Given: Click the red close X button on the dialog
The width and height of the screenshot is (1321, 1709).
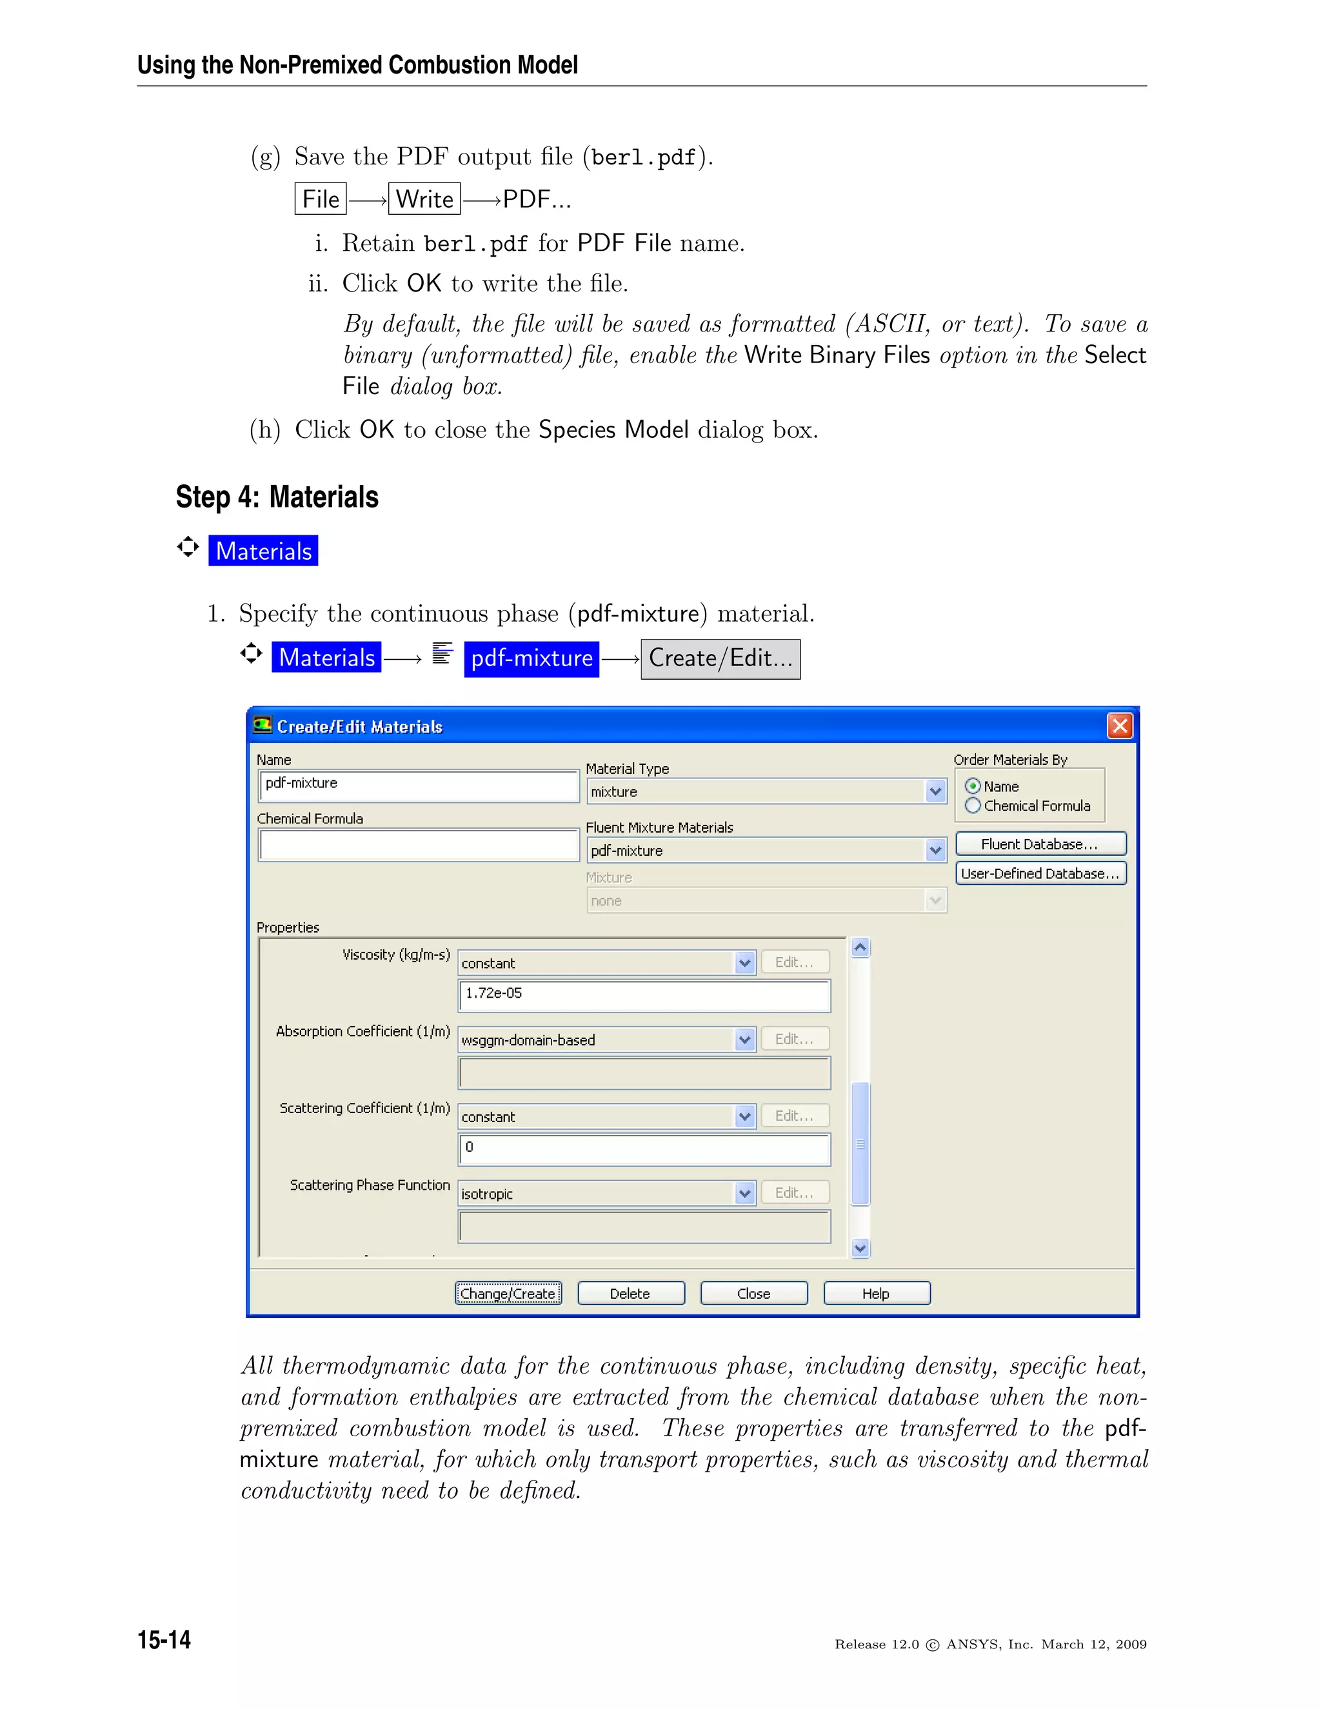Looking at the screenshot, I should coord(1119,726).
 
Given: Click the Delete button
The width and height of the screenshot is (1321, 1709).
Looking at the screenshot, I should coord(630,1294).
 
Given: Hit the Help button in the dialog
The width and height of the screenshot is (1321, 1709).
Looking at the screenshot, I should coord(876,1294).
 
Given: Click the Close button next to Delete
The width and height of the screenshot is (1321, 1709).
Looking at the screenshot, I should coord(753,1294).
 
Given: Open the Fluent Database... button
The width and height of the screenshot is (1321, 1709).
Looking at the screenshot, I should coord(1040,844).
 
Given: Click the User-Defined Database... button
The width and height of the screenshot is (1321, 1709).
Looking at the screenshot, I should coord(1040,873).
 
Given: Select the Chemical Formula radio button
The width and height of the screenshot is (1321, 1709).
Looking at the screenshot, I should coord(973,805).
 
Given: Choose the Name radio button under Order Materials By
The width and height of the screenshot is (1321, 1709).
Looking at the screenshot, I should coord(973,785).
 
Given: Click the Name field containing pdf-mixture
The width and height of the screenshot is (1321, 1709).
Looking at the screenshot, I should coord(418,784).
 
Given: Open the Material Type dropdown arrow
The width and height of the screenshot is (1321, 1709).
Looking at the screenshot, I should coord(935,791).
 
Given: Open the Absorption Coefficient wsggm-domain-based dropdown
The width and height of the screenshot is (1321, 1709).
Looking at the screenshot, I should coord(744,1040).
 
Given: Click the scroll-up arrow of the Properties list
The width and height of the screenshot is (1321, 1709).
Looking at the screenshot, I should coord(860,947).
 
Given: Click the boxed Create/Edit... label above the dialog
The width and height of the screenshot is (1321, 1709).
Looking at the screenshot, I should coord(720,659).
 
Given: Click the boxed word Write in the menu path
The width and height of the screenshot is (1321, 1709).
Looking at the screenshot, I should coord(424,199).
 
